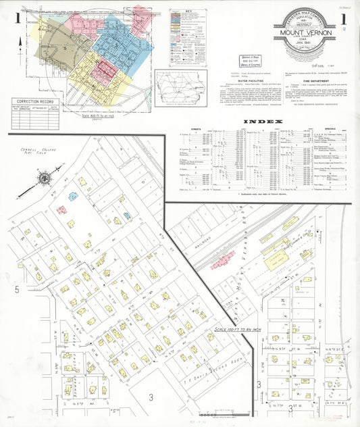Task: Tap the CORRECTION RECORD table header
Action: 34,101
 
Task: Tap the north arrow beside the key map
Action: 20,42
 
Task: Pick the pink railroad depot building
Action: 222,261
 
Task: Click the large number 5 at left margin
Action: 16,290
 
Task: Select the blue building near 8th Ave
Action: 73,196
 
